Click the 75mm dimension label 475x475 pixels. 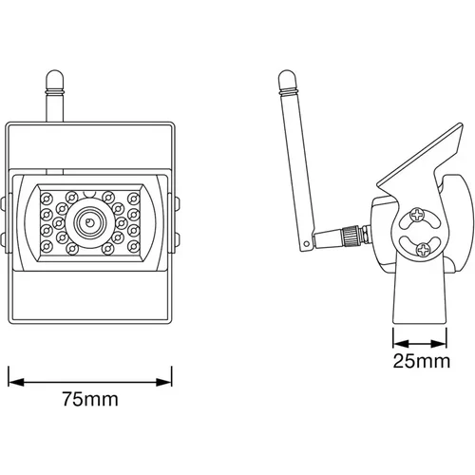click(x=90, y=399)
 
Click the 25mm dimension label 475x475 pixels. click(x=422, y=361)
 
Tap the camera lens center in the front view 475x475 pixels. click(x=89, y=221)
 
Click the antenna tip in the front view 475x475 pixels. click(x=55, y=70)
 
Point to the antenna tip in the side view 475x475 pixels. click(x=287, y=71)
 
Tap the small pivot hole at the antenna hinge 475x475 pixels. click(x=306, y=244)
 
